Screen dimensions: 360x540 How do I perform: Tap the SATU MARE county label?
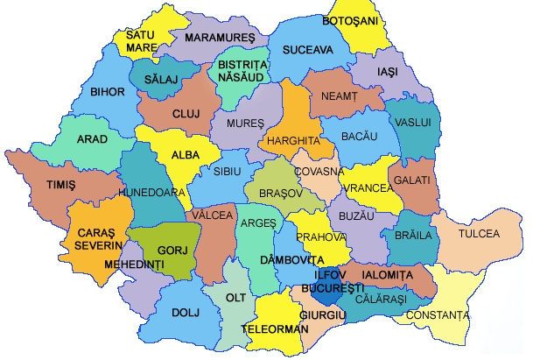(142, 41)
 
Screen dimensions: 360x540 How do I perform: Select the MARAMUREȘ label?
(218, 38)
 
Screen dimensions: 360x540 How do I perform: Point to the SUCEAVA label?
(307, 50)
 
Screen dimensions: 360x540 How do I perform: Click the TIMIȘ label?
(61, 186)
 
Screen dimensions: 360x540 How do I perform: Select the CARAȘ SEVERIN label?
(95, 239)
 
